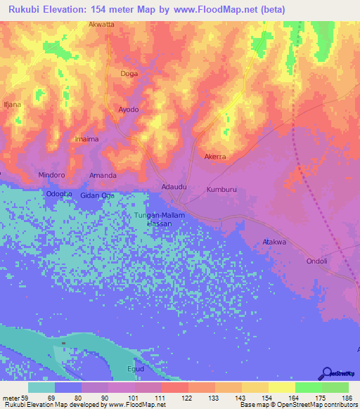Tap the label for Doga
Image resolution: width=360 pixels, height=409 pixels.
coord(129,73)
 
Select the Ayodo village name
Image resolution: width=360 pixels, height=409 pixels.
coord(128,110)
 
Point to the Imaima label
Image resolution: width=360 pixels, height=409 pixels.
coord(86,139)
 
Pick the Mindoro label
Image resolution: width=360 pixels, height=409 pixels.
coord(51,174)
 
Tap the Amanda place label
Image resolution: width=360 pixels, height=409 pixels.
coord(103,174)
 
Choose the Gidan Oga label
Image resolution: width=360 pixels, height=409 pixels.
coord(97,195)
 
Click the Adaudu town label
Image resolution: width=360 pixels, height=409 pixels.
coord(174,187)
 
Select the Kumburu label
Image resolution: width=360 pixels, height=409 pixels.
coord(223,190)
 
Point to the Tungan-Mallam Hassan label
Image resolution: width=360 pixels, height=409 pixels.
coord(159,219)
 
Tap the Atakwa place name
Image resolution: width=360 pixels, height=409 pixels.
coord(274,242)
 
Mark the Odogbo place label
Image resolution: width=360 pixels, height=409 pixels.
coord(59,195)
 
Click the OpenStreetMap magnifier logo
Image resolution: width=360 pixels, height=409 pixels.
coord(328,373)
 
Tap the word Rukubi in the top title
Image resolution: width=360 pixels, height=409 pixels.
coord(25,9)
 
